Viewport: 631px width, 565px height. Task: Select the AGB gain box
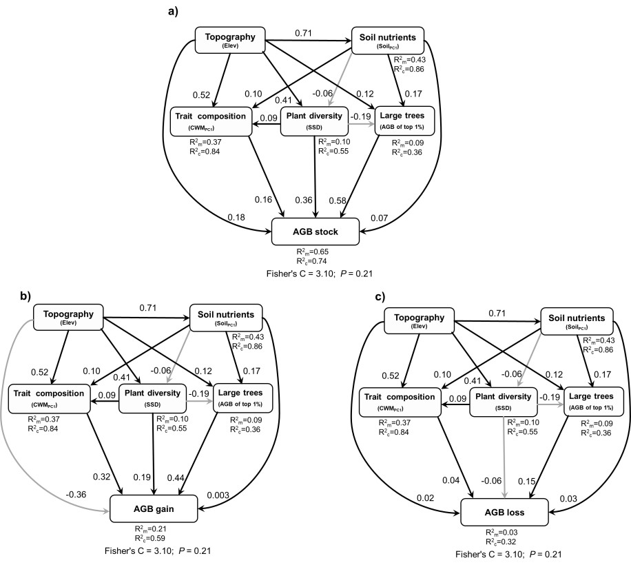click(x=160, y=509)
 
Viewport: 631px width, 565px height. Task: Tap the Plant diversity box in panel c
click(x=501, y=402)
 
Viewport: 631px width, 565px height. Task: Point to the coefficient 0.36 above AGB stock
click(x=304, y=200)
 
